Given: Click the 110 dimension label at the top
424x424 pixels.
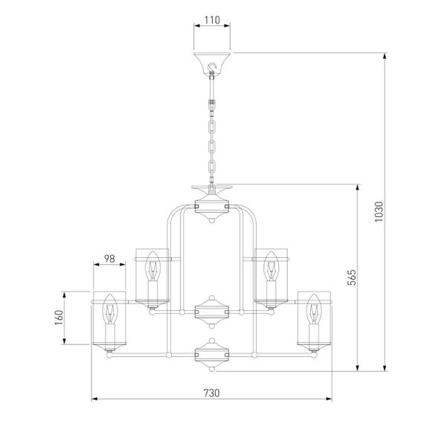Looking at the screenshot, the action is (212, 20).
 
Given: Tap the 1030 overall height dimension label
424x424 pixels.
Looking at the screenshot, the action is (379, 212).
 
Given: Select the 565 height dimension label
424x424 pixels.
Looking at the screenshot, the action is (352, 277).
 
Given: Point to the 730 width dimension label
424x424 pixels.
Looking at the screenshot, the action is (212, 393).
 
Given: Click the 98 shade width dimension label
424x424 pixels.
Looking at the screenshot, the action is (109, 259).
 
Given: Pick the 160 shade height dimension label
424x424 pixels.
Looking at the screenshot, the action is (59, 318).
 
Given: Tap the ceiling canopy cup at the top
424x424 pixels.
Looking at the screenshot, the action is (212, 63).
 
